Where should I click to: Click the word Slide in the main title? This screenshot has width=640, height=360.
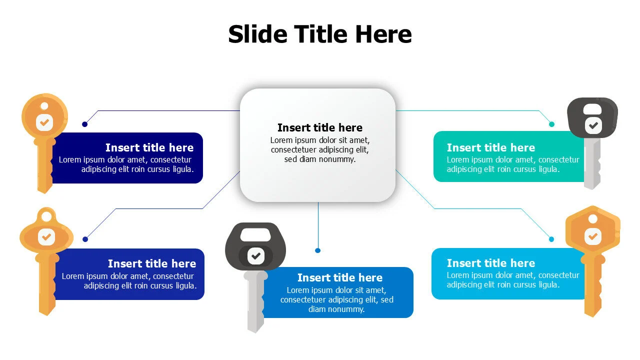point(257,34)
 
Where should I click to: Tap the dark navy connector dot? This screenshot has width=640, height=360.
point(84,124)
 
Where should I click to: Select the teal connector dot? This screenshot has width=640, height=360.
point(551,124)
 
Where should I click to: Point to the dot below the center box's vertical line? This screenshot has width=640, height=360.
point(317,250)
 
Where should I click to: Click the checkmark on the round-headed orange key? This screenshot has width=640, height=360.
point(44,123)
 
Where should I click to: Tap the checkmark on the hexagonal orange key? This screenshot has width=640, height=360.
point(593,236)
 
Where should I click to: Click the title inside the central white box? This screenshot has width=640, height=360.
point(319,127)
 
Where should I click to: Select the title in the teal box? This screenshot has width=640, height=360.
point(491,147)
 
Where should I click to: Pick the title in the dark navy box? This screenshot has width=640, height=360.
point(149,147)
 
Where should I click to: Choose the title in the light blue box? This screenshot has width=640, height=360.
point(491,263)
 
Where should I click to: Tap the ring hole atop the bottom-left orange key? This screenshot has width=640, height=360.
point(46,217)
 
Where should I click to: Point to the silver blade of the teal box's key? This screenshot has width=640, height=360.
point(592,163)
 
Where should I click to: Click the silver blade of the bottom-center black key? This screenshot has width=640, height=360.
point(255,301)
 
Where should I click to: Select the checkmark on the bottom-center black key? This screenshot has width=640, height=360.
point(255,255)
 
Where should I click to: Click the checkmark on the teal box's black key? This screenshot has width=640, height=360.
point(593,125)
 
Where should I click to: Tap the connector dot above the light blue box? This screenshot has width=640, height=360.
point(551,239)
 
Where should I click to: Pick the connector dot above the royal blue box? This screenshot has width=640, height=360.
point(85,239)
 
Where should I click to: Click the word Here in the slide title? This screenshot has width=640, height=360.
point(383,34)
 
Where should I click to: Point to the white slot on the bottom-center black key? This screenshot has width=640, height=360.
point(255,234)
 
